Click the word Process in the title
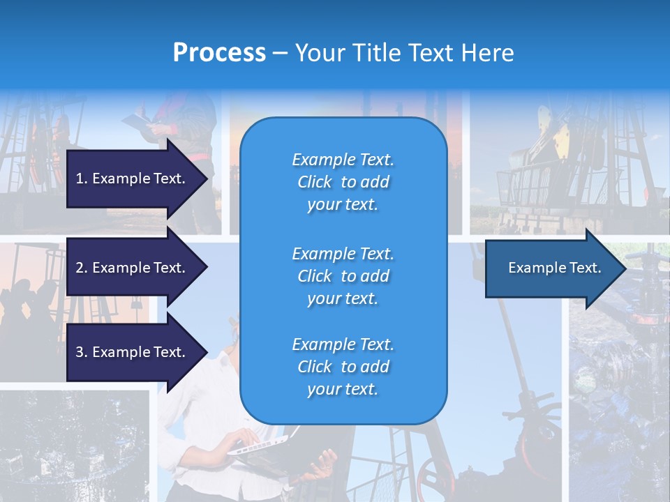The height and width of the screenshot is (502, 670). point(219,53)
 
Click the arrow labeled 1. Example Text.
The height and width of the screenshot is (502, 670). point(133,178)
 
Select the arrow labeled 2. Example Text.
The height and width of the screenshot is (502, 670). point(133,268)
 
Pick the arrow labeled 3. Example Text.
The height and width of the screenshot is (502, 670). point(133,352)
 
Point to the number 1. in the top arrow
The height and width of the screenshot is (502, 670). point(82,178)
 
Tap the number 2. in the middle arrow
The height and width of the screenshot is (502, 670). point(82,268)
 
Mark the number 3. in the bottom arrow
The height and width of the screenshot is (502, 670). point(82,352)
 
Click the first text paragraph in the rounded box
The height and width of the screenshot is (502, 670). point(343,182)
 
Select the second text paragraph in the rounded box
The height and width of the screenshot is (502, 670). point(343,276)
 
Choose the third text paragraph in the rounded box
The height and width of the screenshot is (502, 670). point(343,367)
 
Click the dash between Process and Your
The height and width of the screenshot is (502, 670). point(281,53)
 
